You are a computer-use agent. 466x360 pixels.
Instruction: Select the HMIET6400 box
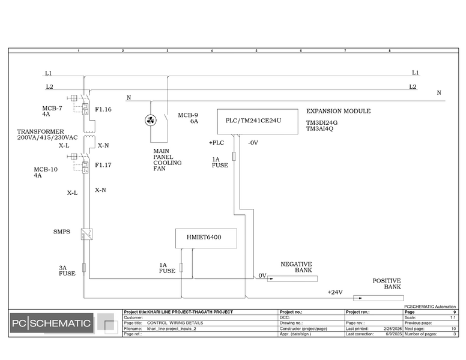click(205, 238)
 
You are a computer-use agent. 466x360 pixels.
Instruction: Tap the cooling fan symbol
click(150, 121)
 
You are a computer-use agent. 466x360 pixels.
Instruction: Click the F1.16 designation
click(103, 110)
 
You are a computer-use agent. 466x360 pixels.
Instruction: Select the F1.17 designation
click(103, 164)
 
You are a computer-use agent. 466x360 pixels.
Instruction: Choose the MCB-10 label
click(46, 169)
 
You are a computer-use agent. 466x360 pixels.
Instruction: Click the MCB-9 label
click(187, 115)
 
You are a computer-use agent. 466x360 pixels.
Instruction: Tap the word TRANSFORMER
click(40, 131)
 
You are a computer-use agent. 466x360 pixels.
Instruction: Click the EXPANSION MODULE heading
click(338, 111)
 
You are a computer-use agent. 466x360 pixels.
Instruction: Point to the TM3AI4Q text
click(319, 128)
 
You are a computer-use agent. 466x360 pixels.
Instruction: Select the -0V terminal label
click(252, 143)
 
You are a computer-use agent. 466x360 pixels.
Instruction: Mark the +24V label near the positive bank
click(334, 292)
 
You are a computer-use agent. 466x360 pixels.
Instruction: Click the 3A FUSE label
click(67, 271)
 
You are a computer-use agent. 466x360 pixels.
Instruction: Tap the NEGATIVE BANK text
click(297, 267)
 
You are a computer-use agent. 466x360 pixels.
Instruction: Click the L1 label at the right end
click(415, 73)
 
